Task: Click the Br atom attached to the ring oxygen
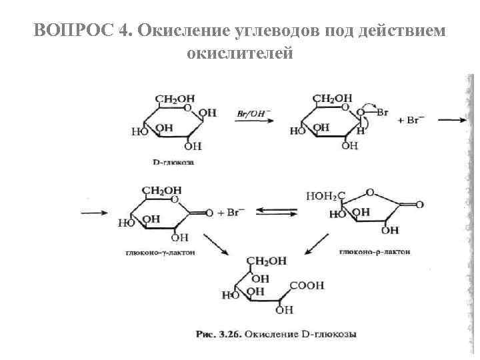click(x=382, y=113)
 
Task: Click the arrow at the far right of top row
click(x=455, y=121)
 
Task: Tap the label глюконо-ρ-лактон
click(x=375, y=253)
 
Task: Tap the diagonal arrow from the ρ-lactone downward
click(x=317, y=243)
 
